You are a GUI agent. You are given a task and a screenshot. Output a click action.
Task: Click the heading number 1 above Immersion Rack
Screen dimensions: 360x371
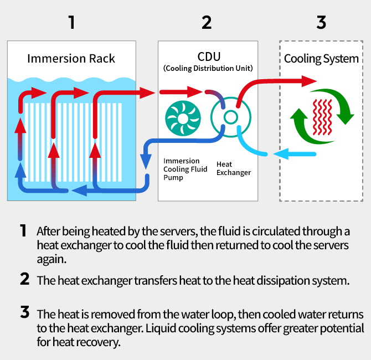(x=71, y=22)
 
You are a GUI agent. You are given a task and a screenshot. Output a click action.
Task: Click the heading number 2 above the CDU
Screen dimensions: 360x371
(x=207, y=22)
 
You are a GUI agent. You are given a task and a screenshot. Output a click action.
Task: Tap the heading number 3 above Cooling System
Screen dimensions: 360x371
(x=321, y=22)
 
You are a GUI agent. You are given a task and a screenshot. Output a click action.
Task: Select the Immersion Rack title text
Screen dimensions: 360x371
(x=71, y=59)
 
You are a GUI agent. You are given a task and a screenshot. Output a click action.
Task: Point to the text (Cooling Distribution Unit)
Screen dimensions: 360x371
(x=208, y=69)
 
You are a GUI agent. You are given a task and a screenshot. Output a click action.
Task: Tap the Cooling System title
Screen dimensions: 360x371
(x=321, y=59)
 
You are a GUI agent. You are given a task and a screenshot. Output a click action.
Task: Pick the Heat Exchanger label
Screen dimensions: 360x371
(x=233, y=168)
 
